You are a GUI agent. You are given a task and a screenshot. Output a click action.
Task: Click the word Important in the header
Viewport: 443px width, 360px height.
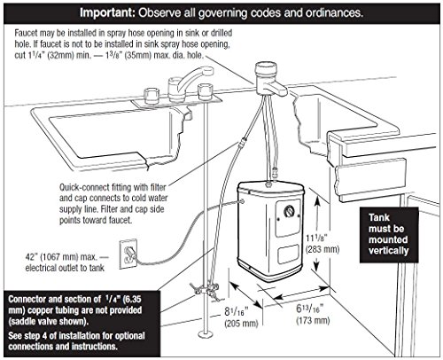pyautogui.click(x=107, y=13)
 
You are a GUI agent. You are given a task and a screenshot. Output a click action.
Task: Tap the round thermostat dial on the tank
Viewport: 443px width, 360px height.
pyautogui.click(x=289, y=212)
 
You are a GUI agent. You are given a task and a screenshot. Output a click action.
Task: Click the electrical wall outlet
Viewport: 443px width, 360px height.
pyautogui.click(x=128, y=254)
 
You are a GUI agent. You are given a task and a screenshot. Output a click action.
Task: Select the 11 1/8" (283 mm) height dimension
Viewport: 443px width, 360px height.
pyautogui.click(x=323, y=244)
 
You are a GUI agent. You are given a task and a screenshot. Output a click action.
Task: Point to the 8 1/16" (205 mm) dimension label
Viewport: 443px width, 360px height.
pyautogui.click(x=240, y=317)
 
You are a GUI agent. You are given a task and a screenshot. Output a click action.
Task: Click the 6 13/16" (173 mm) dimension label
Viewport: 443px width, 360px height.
pyautogui.click(x=313, y=314)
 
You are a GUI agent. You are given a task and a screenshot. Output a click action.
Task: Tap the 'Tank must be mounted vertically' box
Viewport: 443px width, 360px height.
pyautogui.click(x=389, y=235)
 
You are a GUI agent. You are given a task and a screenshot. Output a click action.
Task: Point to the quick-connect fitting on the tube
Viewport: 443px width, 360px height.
pyautogui.click(x=242, y=142)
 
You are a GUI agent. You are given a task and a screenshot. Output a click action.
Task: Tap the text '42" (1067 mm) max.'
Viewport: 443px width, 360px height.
pyautogui.click(x=61, y=257)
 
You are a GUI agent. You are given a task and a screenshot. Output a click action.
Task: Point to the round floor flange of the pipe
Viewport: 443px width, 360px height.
pyautogui.click(x=206, y=334)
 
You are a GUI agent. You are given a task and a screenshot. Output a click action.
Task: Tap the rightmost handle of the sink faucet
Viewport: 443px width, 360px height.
pyautogui.click(x=206, y=91)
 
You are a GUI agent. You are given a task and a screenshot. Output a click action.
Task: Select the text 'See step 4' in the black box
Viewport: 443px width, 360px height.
pyautogui.click(x=29, y=336)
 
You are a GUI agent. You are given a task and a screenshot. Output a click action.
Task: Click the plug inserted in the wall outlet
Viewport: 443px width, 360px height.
pyautogui.click(x=130, y=253)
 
